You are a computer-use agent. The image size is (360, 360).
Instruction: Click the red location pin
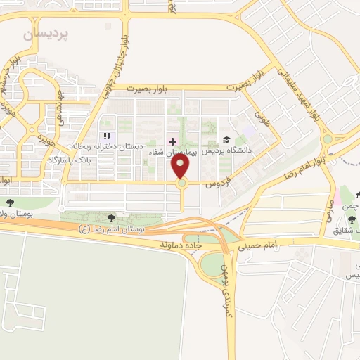coord(181,167)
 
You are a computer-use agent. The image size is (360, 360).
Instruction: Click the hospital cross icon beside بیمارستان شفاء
coord(173,142)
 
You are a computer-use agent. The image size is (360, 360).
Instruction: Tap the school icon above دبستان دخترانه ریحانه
coord(107,136)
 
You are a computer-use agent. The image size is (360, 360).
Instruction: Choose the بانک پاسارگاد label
coord(71,160)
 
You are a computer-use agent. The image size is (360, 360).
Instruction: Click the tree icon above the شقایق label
coord(352,219)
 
